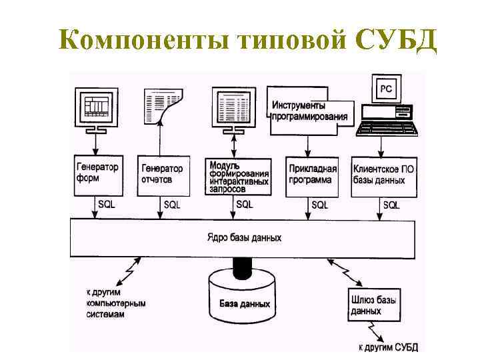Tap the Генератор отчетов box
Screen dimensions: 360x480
click(161, 175)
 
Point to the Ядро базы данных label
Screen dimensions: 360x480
click(244, 237)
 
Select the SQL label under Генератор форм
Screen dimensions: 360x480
click(106, 204)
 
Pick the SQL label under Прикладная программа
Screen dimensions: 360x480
click(319, 205)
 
